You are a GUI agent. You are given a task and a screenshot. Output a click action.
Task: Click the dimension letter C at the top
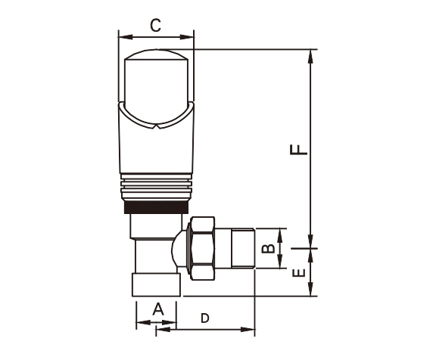coord(155,26)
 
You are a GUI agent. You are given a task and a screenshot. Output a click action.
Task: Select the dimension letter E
coord(299,272)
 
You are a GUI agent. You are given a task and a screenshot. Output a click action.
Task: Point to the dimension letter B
coord(269,249)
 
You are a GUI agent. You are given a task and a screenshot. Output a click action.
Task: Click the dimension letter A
coord(158,309)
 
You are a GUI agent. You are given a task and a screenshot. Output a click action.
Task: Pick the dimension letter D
coord(205,318)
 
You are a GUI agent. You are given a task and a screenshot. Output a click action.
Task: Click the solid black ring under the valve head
coord(156,207)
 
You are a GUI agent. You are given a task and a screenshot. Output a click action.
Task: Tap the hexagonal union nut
coord(202,248)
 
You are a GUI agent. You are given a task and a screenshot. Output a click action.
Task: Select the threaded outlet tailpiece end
coord(243,248)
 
